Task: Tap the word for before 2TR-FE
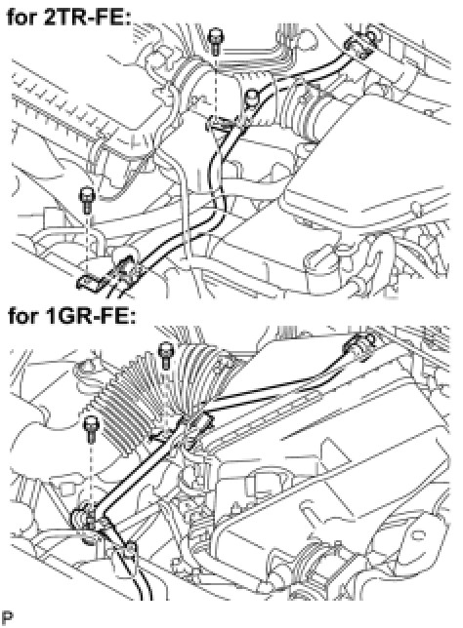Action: tap(22, 18)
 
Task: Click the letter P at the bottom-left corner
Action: tap(7, 617)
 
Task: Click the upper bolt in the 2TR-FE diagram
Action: tap(216, 41)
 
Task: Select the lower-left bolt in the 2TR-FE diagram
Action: tap(87, 200)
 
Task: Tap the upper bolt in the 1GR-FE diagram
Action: tap(165, 355)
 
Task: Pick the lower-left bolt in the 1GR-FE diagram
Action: tap(92, 429)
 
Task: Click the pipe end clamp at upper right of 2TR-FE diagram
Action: tap(360, 43)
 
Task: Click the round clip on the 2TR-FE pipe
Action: tap(251, 98)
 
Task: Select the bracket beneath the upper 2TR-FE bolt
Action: tap(220, 123)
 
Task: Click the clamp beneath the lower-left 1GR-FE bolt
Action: tap(83, 520)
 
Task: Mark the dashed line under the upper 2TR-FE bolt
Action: tap(217, 86)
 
